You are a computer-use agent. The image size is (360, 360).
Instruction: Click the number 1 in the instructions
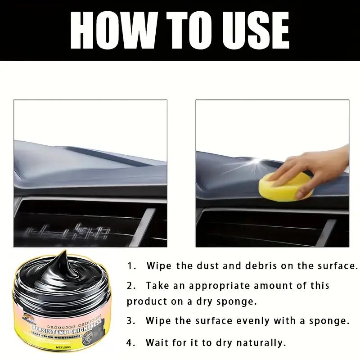(x=130, y=266)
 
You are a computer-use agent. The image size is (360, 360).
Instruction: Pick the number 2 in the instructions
(x=130, y=286)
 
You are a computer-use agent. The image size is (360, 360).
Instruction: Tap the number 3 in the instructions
(x=130, y=321)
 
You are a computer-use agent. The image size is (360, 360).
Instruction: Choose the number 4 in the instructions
(x=130, y=343)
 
